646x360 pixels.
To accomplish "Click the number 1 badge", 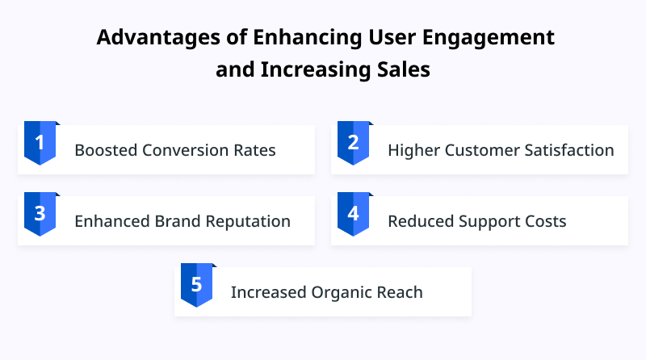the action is coord(40,143).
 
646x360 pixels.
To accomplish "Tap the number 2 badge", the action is coord(353,143).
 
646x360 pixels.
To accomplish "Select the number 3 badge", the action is coord(40,214).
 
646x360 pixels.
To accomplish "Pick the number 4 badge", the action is coord(353,214).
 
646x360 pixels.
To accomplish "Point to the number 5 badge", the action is coord(196,285).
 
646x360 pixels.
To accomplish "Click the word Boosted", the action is coord(106,150).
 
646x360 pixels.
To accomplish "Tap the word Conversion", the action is coord(186,150).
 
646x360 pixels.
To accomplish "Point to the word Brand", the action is coord(178,221).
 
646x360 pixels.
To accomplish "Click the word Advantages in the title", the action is coord(158,38).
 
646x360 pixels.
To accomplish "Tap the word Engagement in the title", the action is coord(489,38).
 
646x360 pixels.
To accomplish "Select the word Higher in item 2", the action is coord(414,151).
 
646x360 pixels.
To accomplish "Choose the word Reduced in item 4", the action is coord(421,221).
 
